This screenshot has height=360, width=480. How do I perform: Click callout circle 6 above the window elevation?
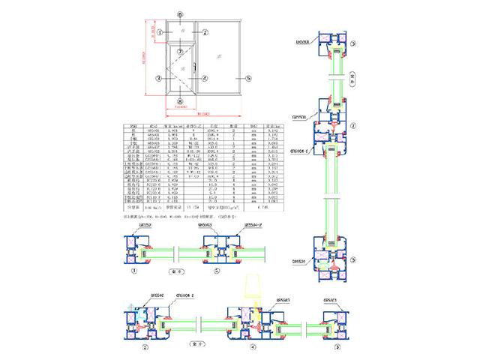[x=180, y=14]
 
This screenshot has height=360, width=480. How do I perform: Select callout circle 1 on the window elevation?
[x=157, y=32]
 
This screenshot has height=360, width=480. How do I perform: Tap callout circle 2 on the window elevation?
[x=203, y=32]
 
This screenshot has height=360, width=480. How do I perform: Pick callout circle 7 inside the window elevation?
[x=180, y=52]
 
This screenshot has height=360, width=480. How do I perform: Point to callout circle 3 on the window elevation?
[x=158, y=77]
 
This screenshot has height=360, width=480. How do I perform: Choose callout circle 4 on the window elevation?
[x=203, y=77]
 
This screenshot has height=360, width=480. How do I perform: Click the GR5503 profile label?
[x=205, y=224]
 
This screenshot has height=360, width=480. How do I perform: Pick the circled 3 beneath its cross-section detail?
[x=145, y=347]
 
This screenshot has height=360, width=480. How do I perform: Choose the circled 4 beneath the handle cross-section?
[x=253, y=347]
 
